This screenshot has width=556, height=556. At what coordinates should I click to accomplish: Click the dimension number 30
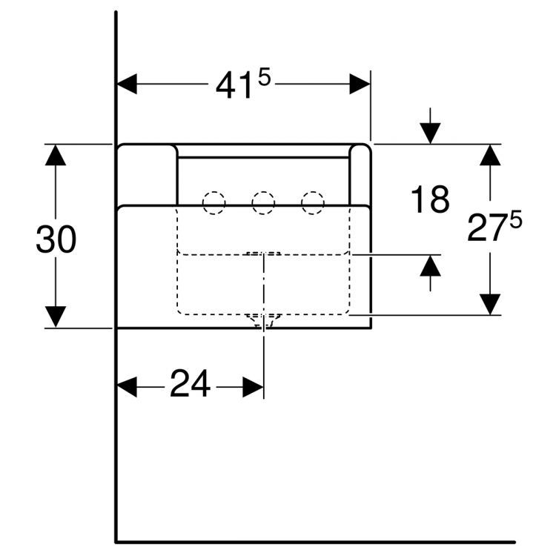(56, 239)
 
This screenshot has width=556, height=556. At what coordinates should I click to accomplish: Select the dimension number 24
(190, 383)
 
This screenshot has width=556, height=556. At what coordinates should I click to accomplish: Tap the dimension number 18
(430, 199)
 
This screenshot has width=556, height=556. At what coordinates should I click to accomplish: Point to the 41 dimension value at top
(234, 86)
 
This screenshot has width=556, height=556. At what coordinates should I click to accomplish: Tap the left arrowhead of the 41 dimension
(127, 84)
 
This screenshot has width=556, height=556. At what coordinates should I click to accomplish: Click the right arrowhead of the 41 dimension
(360, 84)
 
